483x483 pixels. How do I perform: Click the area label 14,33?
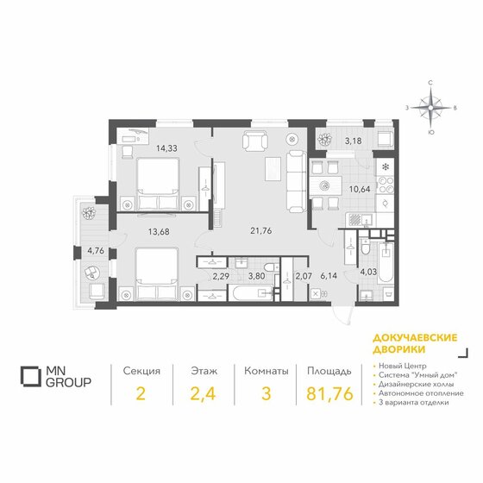(x=167, y=148)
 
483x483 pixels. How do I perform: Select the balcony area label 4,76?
(x=95, y=252)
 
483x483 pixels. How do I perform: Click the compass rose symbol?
(x=432, y=109)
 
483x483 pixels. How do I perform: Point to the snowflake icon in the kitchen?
(x=385, y=165)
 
